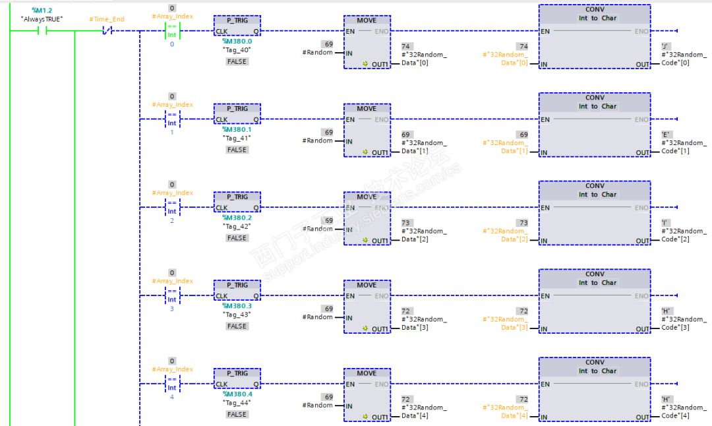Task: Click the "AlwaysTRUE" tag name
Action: coord(42,19)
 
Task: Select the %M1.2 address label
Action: coord(42,10)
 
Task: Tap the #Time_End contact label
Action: coord(106,20)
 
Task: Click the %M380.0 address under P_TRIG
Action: coord(237,41)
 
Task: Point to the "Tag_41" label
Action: coord(237,138)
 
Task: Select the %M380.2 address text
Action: coord(237,218)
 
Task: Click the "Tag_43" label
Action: coord(237,315)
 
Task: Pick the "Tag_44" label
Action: coord(237,403)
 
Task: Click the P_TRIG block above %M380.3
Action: coord(237,290)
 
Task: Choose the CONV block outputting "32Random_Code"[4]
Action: coord(594,390)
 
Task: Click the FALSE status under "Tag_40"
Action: coord(237,61)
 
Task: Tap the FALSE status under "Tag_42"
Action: coord(237,238)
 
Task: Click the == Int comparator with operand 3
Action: coord(172,295)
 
